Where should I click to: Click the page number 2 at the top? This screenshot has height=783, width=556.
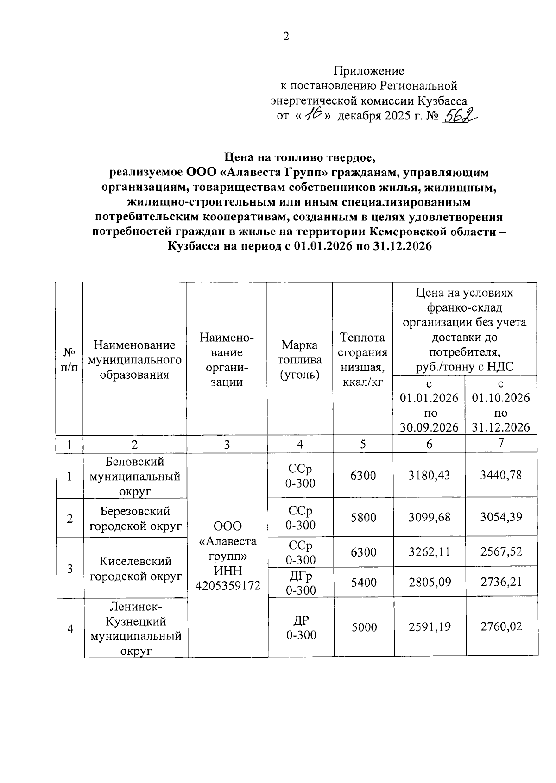[286, 37]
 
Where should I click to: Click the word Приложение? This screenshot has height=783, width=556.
[369, 71]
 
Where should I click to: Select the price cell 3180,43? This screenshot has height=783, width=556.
[429, 476]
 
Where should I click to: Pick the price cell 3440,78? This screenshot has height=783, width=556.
[501, 476]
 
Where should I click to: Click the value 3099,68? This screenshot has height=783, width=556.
[429, 517]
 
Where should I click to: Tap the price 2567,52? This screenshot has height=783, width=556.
[501, 551]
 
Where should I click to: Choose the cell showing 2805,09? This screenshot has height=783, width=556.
[430, 582]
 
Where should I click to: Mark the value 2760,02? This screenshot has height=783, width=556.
[501, 626]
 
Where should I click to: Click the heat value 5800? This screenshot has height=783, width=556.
[363, 518]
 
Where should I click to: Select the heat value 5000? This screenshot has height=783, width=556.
[364, 627]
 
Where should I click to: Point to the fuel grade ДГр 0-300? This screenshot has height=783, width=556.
[300, 583]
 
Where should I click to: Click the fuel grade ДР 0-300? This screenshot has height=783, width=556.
[301, 627]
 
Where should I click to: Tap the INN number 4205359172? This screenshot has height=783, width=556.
[227, 586]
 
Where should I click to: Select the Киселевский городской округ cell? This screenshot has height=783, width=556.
[135, 569]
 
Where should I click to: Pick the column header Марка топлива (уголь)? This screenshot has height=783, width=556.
[300, 359]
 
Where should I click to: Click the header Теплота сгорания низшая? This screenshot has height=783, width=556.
[362, 359]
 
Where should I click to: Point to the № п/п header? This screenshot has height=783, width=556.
[69, 359]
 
